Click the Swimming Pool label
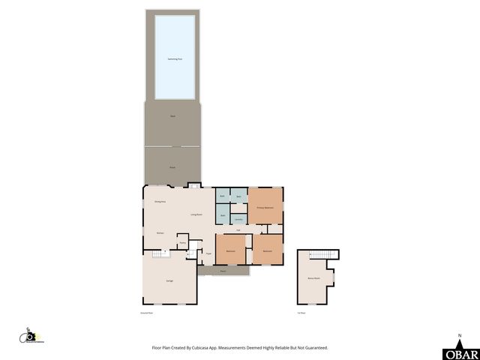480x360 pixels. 175,58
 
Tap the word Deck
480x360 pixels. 172,116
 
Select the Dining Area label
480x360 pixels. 160,202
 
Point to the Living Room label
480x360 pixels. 196,214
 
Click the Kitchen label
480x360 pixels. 160,233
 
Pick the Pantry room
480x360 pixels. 182,243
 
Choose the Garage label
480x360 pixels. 169,280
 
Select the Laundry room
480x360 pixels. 238,219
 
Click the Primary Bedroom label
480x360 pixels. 265,207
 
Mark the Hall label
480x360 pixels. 238,229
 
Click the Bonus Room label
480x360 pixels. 313,278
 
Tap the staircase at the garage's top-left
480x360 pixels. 158,254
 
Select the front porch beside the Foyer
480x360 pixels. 223,271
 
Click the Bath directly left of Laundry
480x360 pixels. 223,216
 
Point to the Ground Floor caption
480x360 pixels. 147,312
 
